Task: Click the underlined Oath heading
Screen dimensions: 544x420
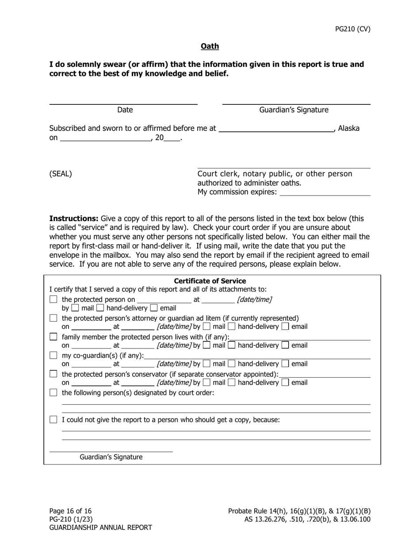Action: point(210,46)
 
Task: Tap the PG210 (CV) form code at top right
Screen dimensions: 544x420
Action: point(352,29)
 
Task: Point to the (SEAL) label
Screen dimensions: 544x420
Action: point(61,174)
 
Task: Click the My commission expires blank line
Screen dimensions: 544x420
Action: point(325,194)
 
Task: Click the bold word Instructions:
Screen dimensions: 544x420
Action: point(74,218)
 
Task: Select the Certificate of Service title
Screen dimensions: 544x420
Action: point(210,281)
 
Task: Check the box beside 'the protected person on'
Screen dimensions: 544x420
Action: point(53,300)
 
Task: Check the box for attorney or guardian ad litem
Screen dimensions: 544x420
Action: point(53,318)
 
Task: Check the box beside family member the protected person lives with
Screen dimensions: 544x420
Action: point(53,337)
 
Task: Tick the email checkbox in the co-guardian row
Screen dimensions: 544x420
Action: point(286,364)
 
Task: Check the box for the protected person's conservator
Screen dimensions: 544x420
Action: point(53,374)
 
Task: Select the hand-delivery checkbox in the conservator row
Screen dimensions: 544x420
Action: point(232,383)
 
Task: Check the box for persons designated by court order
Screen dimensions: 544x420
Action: point(53,393)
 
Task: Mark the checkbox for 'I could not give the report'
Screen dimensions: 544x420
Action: point(53,420)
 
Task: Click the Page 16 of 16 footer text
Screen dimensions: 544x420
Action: point(70,511)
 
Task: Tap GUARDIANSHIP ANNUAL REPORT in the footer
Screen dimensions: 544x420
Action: point(100,527)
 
